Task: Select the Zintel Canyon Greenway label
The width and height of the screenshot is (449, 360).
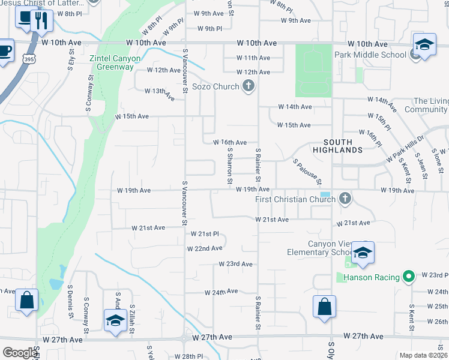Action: (x=115, y=62)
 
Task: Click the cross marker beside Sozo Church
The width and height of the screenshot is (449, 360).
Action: (x=248, y=86)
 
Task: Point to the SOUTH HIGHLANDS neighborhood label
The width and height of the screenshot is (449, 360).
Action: (x=343, y=146)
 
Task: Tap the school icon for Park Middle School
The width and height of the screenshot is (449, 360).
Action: (x=424, y=46)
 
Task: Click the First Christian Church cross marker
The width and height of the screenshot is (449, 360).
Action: (x=345, y=199)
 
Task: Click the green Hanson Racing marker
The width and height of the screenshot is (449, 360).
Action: (x=409, y=277)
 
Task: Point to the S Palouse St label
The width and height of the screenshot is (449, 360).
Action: (x=308, y=172)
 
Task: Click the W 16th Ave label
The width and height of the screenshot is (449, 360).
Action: (x=230, y=142)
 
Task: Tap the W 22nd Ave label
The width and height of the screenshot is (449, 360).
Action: (x=205, y=248)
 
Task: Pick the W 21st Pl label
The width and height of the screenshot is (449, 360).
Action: (x=205, y=234)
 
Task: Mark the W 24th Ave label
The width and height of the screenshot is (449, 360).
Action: (x=221, y=292)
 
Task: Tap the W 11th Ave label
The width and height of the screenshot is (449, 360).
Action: (x=253, y=58)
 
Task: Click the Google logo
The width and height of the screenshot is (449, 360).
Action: (x=20, y=353)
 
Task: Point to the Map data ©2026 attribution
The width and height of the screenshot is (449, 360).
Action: (x=423, y=355)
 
